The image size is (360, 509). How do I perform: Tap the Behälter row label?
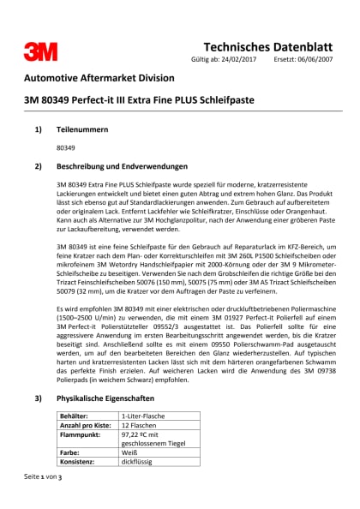click(x=75, y=392)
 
